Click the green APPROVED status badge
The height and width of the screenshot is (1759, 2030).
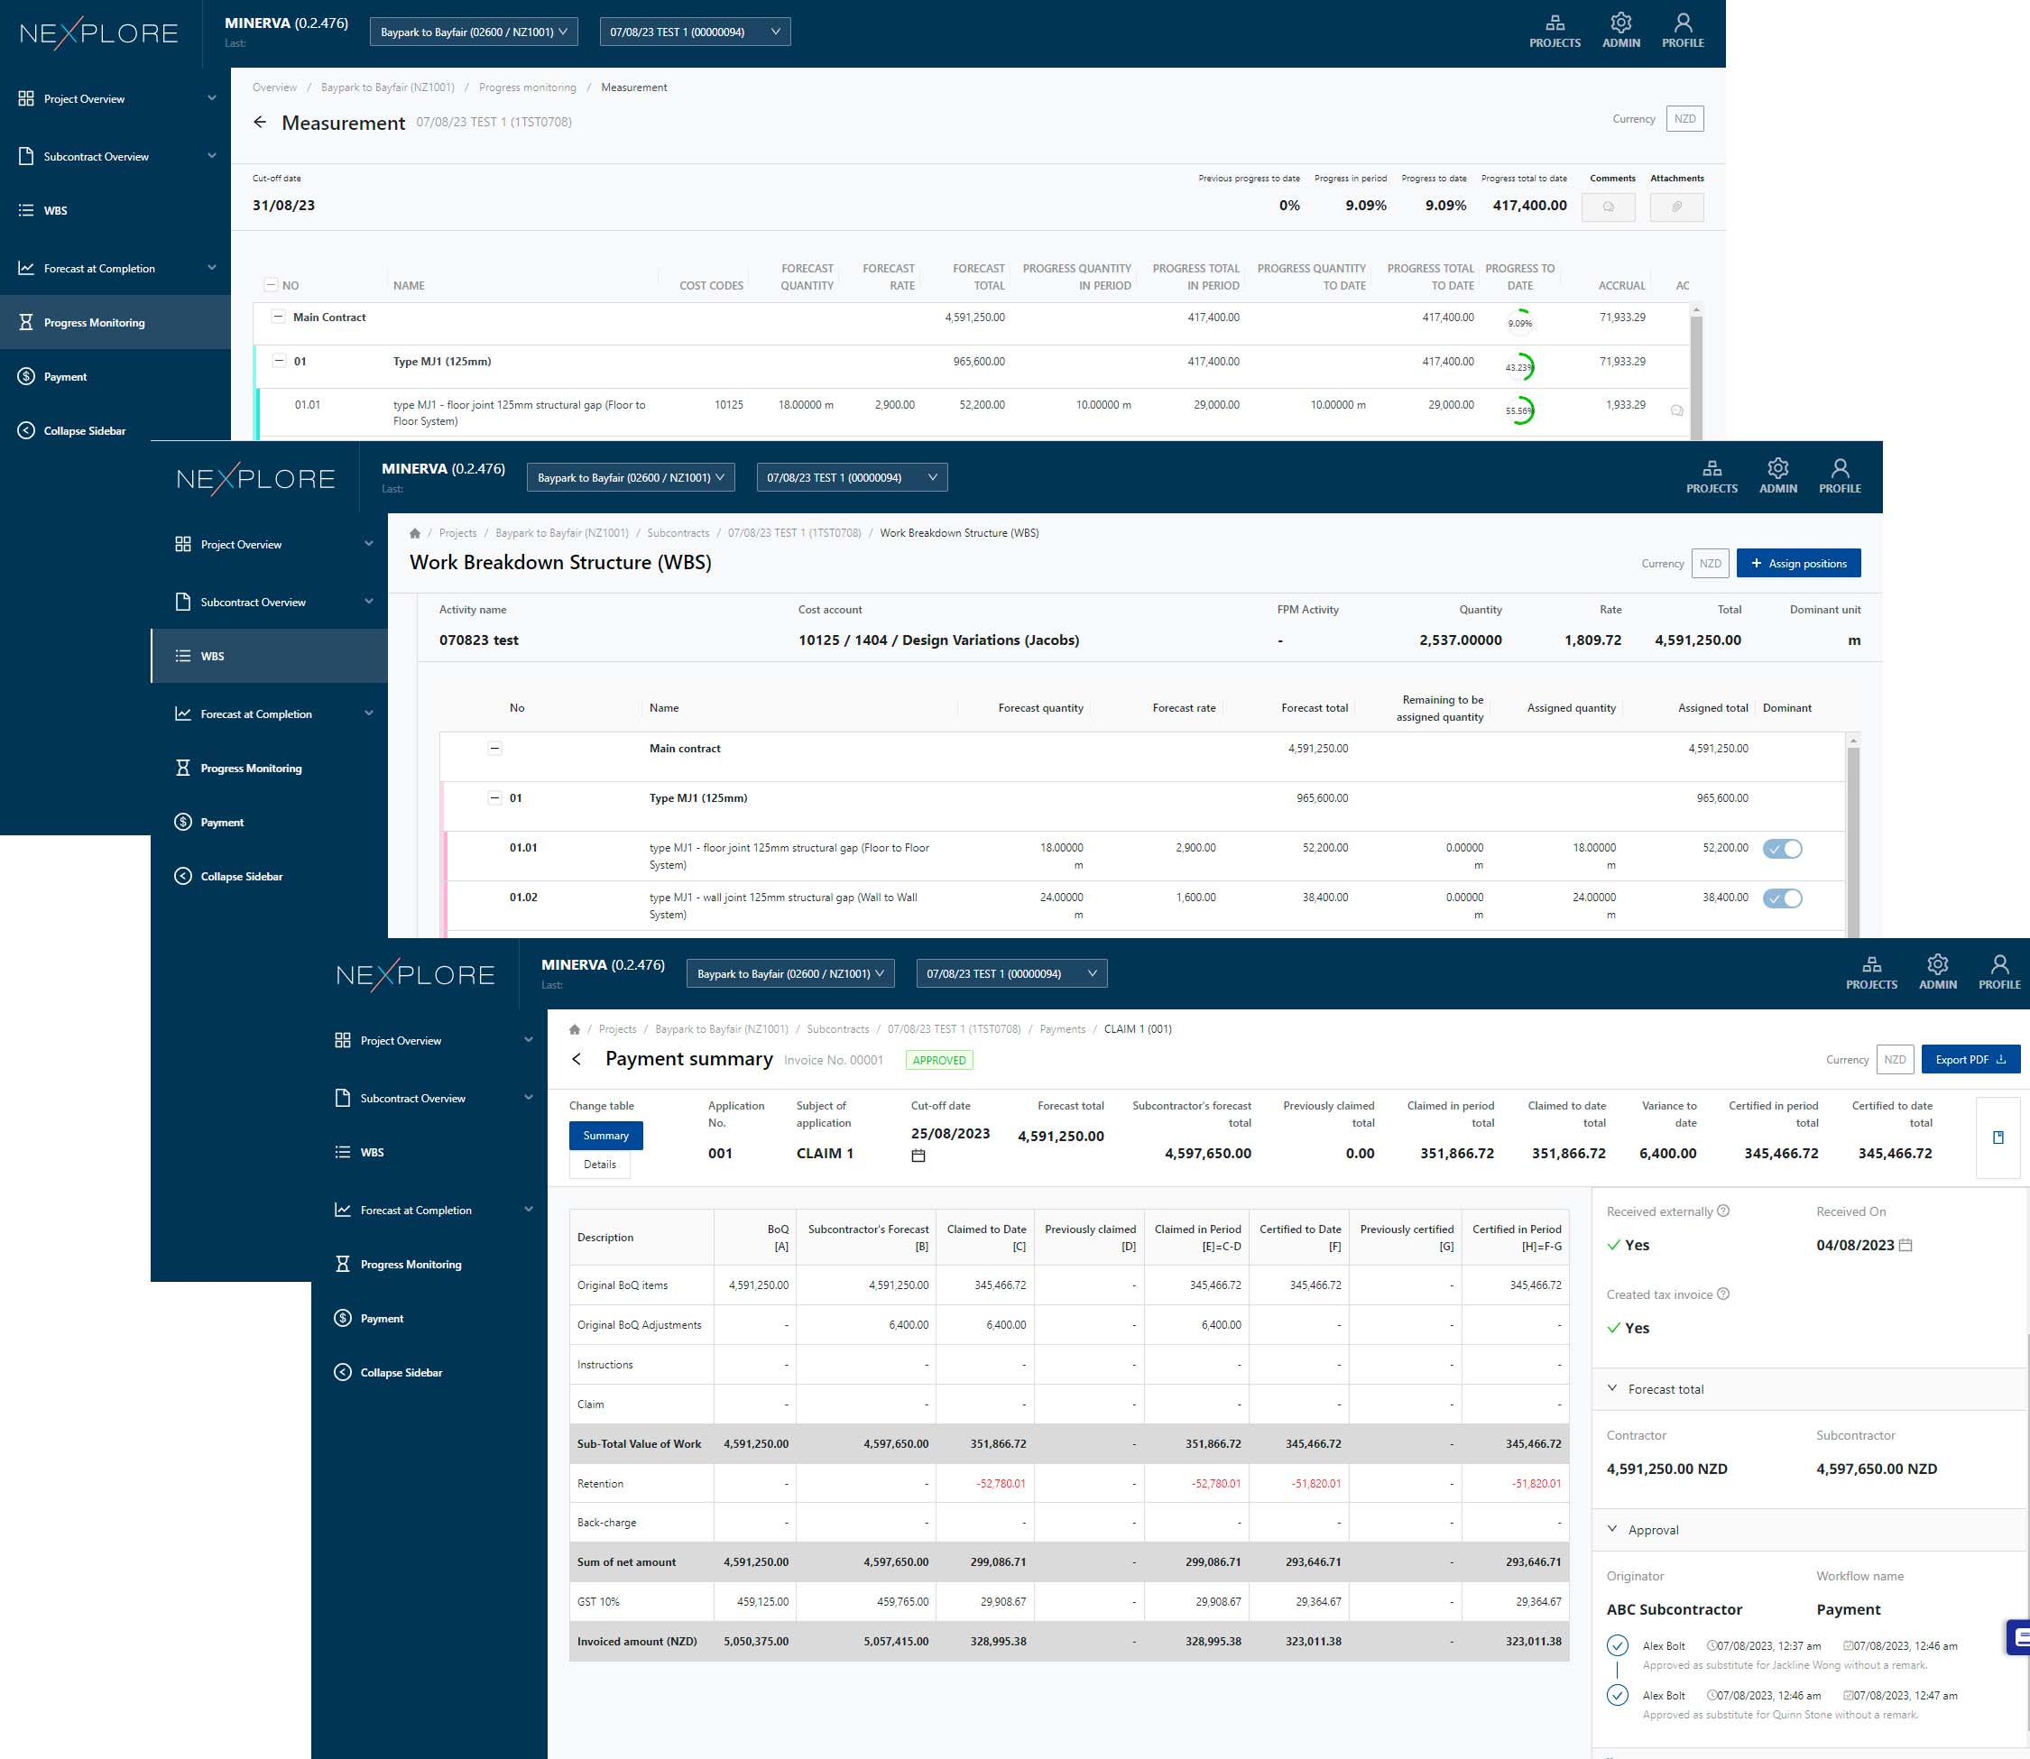[x=938, y=1060]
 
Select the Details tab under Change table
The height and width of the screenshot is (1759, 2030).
[x=600, y=1165]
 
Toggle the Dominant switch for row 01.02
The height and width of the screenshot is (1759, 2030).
[x=1782, y=898]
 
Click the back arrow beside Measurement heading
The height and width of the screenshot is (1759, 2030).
[x=260, y=122]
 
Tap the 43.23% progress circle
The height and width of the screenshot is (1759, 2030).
[x=1519, y=367]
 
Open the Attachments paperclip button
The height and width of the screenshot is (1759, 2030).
[x=1676, y=207]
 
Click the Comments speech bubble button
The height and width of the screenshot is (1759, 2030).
[x=1608, y=207]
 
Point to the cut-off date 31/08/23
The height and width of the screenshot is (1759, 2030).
[x=283, y=205]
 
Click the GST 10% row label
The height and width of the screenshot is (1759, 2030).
[x=599, y=1602]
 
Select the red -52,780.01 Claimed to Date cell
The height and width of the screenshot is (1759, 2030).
[x=1001, y=1483]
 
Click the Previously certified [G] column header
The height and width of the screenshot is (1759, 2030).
[x=1406, y=1237]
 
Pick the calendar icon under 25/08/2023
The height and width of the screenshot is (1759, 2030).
[x=918, y=1156]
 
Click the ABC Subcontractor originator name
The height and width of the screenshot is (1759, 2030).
[x=1674, y=1610]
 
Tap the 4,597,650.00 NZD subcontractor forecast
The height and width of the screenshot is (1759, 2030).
[x=1876, y=1469]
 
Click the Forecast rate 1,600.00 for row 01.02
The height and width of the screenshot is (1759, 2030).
[x=1195, y=898]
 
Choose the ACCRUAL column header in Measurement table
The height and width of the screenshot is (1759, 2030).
[x=1620, y=286]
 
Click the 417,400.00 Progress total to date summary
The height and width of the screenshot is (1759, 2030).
[x=1528, y=205]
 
